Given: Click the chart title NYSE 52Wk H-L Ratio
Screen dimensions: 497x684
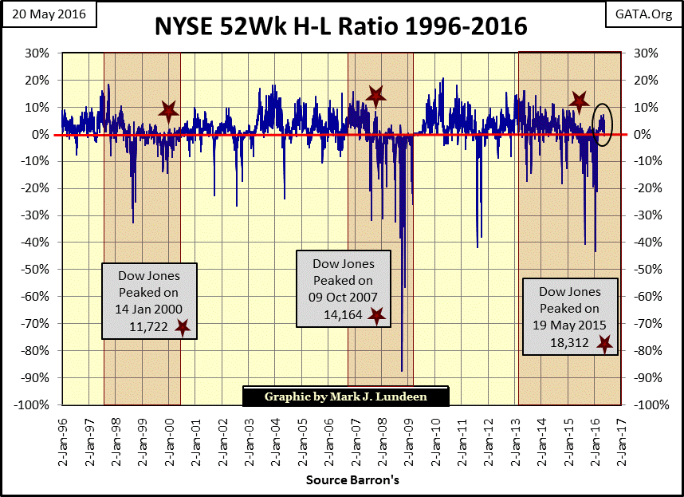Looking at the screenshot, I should [x=341, y=26].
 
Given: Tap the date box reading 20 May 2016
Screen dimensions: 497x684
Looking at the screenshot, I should [x=49, y=14].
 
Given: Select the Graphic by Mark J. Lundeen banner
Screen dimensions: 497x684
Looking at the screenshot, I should [x=345, y=396].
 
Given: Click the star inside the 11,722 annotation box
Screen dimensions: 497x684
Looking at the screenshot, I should [x=183, y=327].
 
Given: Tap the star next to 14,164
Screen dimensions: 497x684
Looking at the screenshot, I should [x=376, y=316].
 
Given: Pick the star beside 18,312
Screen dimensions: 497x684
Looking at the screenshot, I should [x=604, y=344].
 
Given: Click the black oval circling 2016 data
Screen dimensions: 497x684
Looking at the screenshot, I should [x=603, y=125].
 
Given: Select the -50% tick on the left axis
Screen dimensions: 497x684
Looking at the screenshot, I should [x=37, y=270].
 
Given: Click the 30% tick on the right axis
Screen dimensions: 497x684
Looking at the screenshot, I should [x=646, y=53].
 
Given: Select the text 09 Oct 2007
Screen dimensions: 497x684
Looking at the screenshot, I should [x=343, y=298].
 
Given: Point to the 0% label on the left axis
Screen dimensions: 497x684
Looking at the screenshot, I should [x=43, y=135].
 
